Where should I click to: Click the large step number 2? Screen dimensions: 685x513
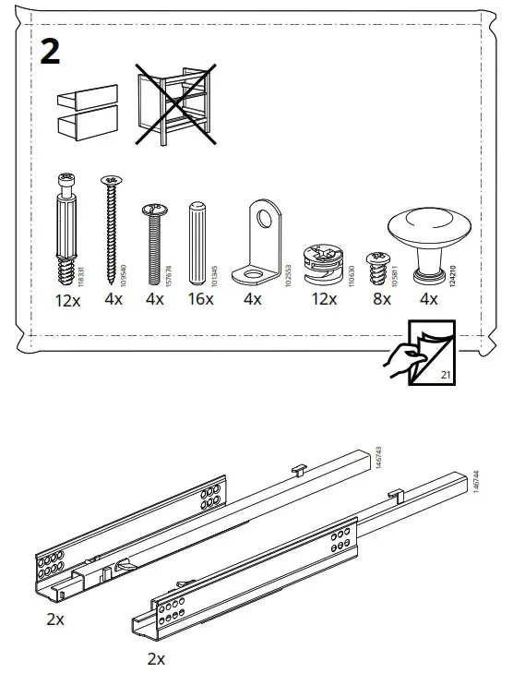pos(51,53)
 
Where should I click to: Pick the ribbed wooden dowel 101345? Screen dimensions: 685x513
pos(197,242)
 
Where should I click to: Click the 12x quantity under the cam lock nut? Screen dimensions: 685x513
pos(323,300)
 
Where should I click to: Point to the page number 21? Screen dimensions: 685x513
pos(446,376)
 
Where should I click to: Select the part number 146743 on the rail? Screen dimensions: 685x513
pos(377,459)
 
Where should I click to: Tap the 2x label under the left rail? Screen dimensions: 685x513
pos(55,619)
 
